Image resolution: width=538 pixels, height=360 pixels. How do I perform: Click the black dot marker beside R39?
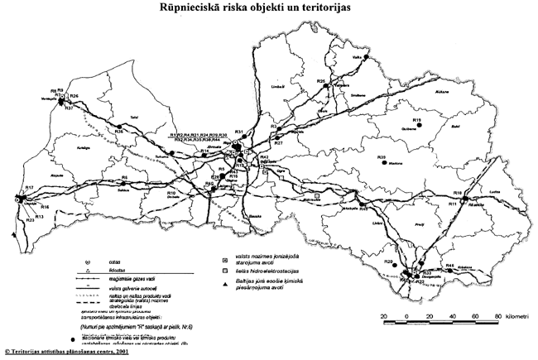pyautogui.click(x=383, y=164)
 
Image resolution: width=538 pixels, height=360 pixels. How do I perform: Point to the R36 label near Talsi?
pyautogui.click(x=119, y=131)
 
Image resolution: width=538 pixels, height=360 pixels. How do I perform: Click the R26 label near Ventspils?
pyautogui.click(x=74, y=97)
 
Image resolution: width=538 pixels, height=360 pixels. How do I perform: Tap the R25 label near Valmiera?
pyautogui.click(x=320, y=80)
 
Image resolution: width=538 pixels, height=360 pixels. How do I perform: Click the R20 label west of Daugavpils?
pyautogui.click(x=388, y=262)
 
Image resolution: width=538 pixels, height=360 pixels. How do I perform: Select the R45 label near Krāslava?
pyautogui.click(x=450, y=265)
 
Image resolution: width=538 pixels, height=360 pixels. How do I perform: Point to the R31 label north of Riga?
pyautogui.click(x=238, y=132)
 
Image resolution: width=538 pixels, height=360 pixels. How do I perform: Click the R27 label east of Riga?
pyautogui.click(x=279, y=143)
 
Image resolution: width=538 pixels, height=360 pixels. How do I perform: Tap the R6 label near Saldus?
pyautogui.click(x=124, y=177)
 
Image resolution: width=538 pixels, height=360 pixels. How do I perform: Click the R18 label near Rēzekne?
pyautogui.click(x=468, y=192)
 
